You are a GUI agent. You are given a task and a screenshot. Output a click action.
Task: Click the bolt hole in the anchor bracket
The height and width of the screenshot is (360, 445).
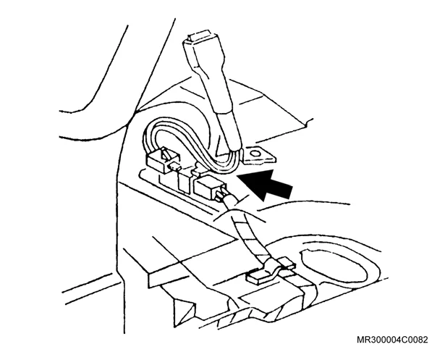255,154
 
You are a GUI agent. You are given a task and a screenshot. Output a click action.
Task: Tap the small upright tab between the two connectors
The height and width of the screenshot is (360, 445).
183,182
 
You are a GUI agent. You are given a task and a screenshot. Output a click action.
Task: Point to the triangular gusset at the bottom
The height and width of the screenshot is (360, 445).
184,311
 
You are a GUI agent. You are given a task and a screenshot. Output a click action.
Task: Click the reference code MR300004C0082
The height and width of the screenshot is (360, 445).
392,340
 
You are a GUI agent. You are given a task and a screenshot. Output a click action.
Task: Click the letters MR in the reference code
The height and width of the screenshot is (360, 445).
363,340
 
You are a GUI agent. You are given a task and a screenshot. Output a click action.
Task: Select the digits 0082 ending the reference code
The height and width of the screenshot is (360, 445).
417,340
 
